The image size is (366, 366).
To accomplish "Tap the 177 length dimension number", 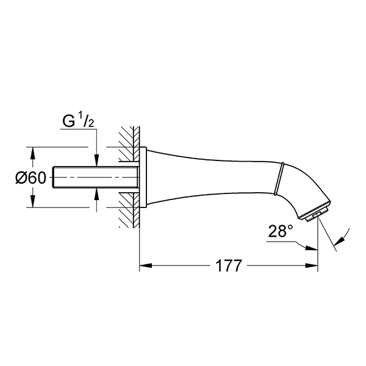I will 229,266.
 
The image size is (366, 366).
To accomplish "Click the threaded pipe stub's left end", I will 56,177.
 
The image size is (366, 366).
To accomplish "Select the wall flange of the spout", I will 143,177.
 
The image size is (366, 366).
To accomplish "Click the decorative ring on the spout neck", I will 281,176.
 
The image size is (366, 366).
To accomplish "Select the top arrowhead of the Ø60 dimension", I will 33,151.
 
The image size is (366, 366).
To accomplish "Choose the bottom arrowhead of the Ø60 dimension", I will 33,204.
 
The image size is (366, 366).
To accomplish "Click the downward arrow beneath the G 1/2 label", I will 96,162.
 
